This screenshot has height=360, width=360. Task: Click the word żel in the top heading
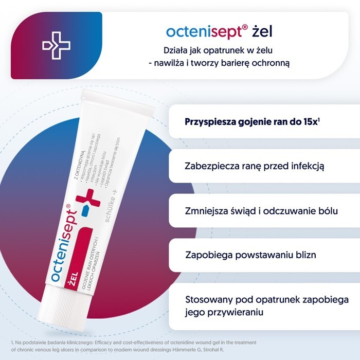[262, 31]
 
